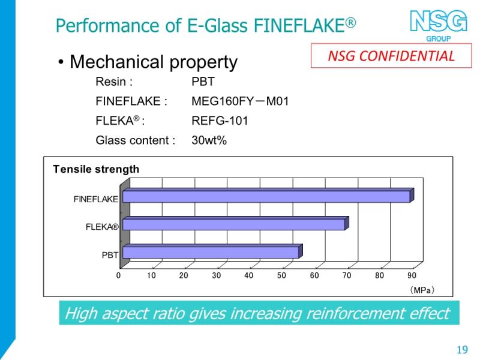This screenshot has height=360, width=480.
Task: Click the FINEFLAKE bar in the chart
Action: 268,196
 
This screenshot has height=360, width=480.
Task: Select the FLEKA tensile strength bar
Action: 236,223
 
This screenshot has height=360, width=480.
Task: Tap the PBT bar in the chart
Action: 212,251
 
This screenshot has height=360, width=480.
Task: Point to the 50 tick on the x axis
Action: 281,275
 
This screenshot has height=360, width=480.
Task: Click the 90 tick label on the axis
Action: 412,275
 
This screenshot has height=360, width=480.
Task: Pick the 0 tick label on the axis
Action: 118,275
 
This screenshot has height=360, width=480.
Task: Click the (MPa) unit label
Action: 422,290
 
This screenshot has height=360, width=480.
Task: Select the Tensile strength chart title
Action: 96,169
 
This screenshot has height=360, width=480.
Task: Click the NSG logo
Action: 439,25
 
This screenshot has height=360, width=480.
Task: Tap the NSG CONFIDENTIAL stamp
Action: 391,56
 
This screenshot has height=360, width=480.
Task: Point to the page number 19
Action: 462,349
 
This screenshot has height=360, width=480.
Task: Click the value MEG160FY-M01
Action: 240,101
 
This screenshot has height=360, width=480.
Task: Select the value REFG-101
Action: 220,121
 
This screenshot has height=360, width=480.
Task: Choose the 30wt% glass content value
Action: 209,140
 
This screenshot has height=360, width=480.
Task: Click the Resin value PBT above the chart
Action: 203,82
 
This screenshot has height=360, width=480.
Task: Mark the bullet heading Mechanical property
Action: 154,62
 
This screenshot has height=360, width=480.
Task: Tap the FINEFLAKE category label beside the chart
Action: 96,199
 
